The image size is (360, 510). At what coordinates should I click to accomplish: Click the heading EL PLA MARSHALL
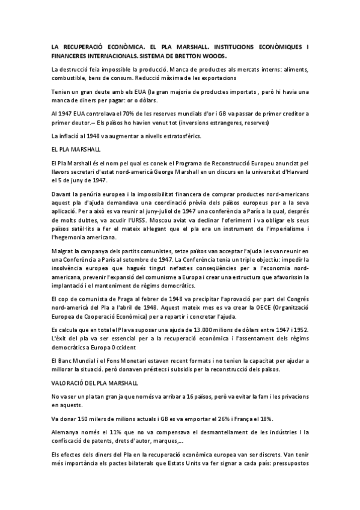[x=76, y=147]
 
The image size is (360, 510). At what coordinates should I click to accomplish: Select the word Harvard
[x=297, y=172]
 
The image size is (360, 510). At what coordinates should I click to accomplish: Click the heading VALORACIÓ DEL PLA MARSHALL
[x=96, y=382]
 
